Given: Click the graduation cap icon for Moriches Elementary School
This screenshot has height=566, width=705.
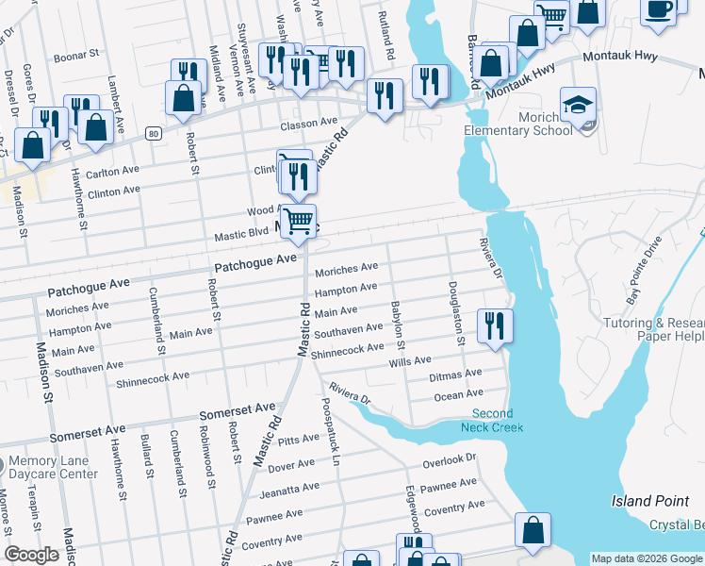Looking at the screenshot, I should click(x=578, y=103).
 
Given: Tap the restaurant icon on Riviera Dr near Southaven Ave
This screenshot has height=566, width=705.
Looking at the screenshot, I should click(x=495, y=326).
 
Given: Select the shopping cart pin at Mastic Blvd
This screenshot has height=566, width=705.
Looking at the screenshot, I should click(x=299, y=223).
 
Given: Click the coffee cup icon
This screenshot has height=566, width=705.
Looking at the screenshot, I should click(x=660, y=9).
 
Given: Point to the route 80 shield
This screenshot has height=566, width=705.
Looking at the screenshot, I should click(x=153, y=135).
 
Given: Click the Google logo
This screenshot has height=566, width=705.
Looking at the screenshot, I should click(x=31, y=555).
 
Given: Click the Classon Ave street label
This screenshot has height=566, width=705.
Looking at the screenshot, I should click(x=308, y=123).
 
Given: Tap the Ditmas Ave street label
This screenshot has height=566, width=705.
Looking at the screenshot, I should click(x=456, y=376).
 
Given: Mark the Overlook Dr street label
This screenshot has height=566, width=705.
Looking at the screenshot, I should click(x=450, y=460).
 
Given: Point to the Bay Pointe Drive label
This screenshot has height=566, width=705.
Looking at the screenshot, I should click(x=646, y=276).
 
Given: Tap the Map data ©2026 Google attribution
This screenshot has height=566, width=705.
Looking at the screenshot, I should click(x=647, y=558).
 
